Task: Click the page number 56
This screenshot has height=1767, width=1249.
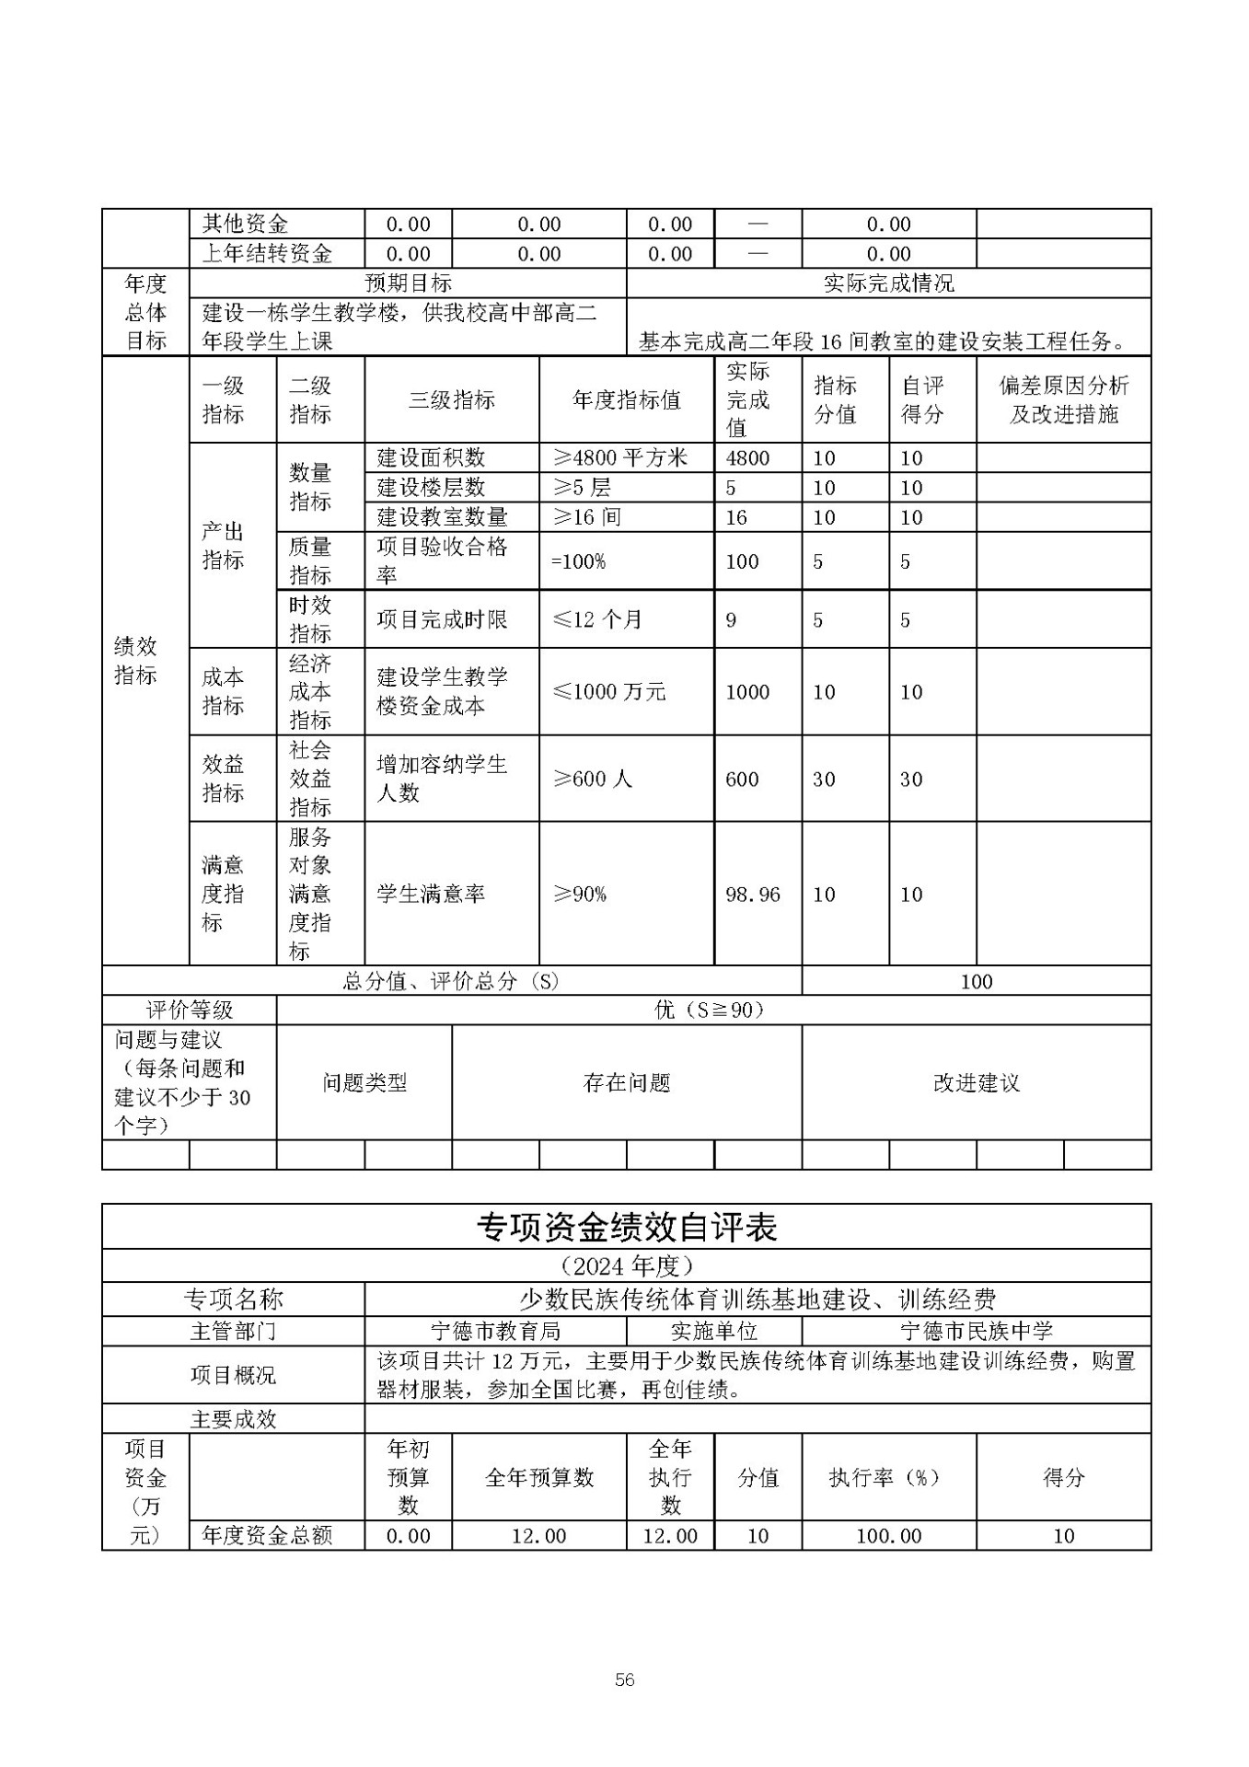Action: [x=624, y=1680]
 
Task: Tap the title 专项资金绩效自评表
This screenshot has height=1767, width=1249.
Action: [x=626, y=1227]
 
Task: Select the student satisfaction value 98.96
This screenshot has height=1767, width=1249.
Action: [x=752, y=894]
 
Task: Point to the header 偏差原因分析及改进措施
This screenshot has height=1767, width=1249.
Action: [x=1063, y=399]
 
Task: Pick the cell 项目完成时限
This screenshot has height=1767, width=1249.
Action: [x=442, y=619]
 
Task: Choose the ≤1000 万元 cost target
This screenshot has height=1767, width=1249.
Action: [x=608, y=691]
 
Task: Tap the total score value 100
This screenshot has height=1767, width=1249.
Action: [x=976, y=981]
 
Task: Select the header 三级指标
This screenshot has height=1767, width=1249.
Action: [x=451, y=399]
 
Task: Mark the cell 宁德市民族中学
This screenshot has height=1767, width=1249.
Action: [x=976, y=1331]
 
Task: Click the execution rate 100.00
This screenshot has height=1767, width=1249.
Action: [x=888, y=1535]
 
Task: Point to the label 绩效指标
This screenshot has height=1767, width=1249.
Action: [x=135, y=661]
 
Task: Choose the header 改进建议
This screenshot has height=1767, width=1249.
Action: [x=976, y=1082]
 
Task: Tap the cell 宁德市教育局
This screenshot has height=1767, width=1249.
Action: [x=495, y=1331]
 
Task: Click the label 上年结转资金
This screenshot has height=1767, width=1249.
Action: [x=267, y=254]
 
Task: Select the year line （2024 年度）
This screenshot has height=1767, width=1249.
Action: [x=626, y=1265]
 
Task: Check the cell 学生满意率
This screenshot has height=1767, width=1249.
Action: [x=430, y=894]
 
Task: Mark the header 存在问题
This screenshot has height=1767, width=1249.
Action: [x=626, y=1082]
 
